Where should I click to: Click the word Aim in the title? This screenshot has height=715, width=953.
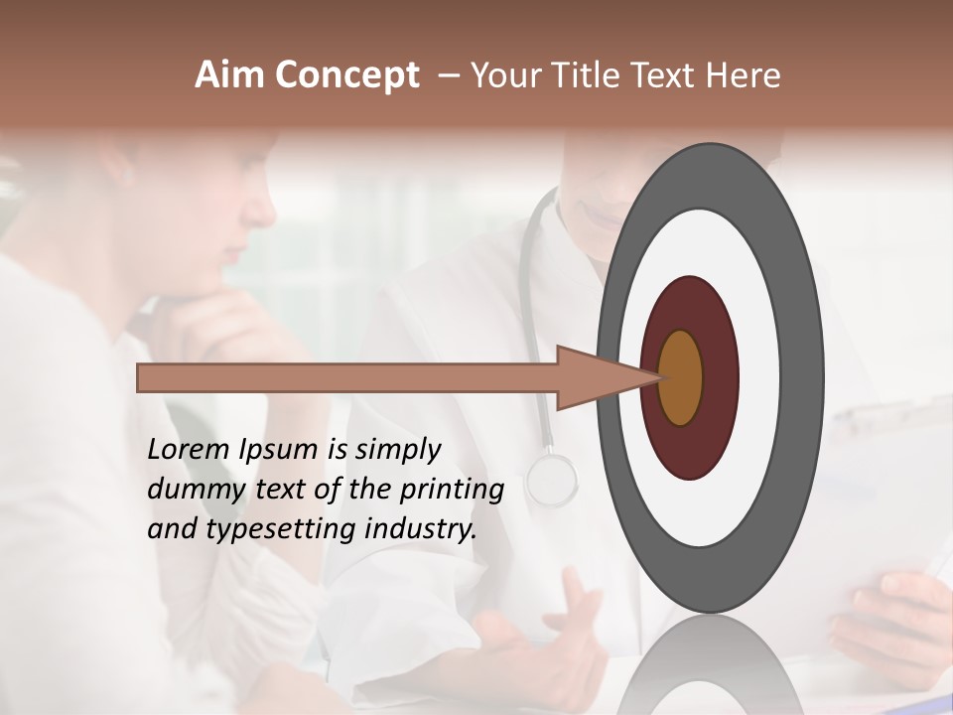[x=229, y=75]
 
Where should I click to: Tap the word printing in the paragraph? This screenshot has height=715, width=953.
[x=451, y=489]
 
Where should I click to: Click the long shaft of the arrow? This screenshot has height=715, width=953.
[x=347, y=377]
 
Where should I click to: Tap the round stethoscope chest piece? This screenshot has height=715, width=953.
[x=552, y=479]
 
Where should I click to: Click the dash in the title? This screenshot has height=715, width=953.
[x=448, y=75]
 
